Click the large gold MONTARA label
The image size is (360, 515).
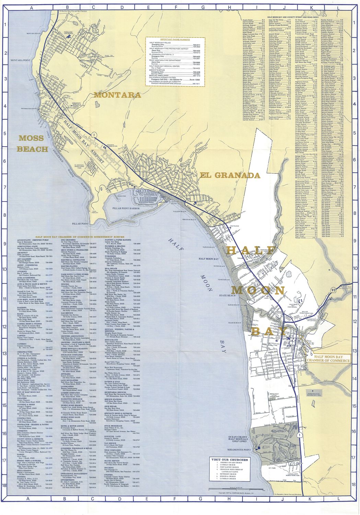[117, 95]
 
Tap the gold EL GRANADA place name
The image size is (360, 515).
[230, 175]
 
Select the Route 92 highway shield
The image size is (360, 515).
[339, 281]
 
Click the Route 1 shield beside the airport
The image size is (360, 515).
[93, 135]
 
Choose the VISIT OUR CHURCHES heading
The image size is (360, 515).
[230, 460]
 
